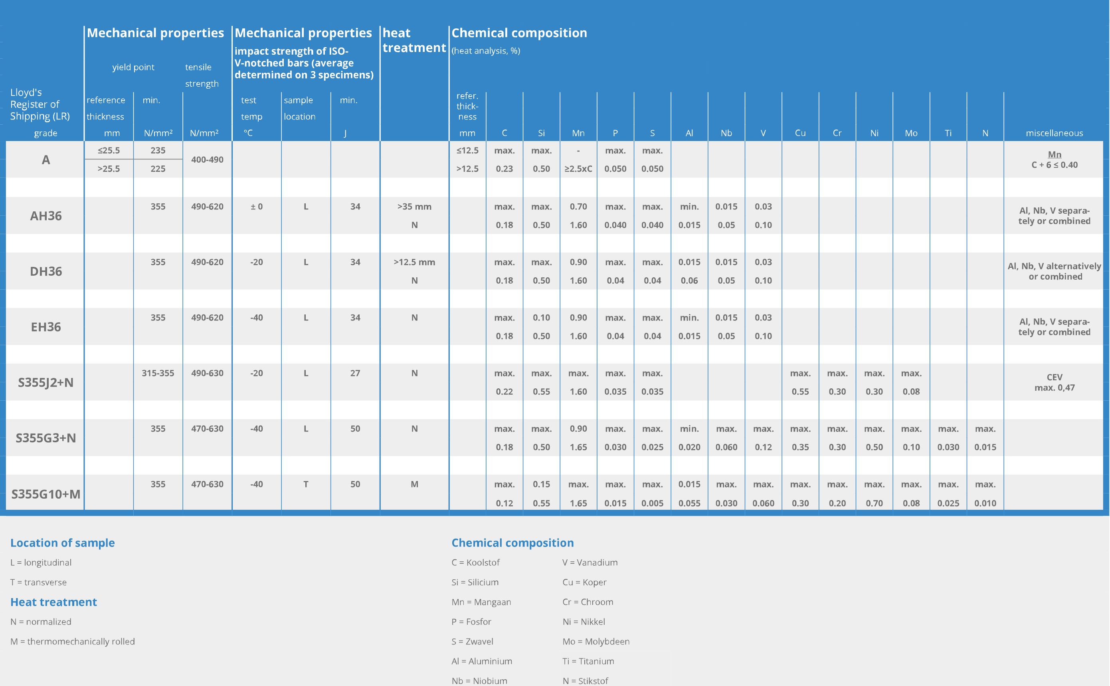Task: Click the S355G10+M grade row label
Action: (46, 494)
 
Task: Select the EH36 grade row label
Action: (46, 327)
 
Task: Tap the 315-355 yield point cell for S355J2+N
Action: (158, 373)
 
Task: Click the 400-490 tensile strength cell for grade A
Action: (207, 159)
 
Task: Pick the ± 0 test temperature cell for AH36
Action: (257, 207)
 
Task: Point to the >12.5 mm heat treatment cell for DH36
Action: (414, 262)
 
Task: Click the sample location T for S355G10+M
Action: (306, 484)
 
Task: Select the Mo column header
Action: (911, 133)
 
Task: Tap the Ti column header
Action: (948, 133)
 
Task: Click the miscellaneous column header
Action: (1054, 133)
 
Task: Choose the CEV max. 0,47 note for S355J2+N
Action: (1054, 382)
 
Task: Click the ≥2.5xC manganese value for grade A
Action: (578, 169)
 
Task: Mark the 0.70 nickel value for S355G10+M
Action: (875, 503)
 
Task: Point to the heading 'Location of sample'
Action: (63, 543)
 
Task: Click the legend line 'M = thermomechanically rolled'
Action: (73, 641)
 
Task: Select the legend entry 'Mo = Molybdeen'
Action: (596, 641)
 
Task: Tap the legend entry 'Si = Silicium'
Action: (475, 582)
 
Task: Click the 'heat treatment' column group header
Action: (414, 40)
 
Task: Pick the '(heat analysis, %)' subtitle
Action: (486, 51)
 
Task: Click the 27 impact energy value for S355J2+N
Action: (355, 373)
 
